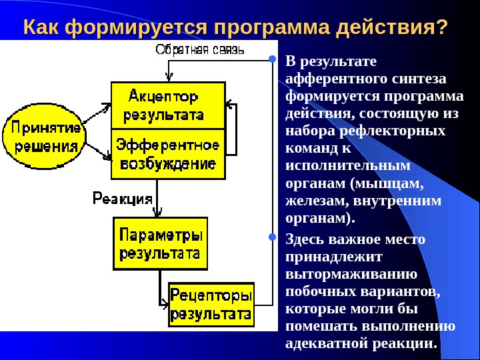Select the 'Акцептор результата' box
[167, 105]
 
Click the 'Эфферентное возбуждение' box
[167, 153]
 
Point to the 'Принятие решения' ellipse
[44, 137]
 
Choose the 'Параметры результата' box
[160, 243]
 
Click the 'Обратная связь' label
[200, 49]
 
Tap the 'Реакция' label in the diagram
[122, 198]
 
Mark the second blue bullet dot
[272, 237]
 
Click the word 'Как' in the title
[42, 29]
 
